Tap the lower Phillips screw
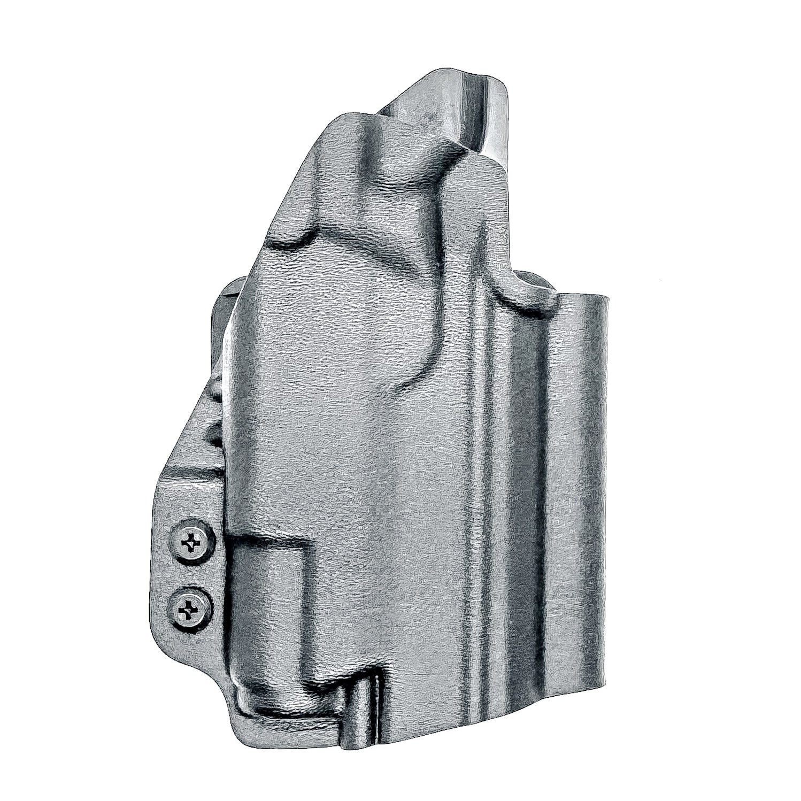[x=190, y=607]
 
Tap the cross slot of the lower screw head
[x=190, y=607]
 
